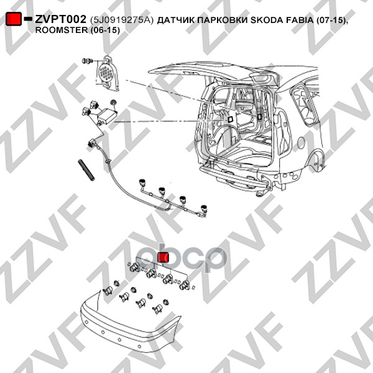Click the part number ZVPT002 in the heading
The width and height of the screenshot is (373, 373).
click(x=60, y=19)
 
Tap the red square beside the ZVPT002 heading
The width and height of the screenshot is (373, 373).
click(x=14, y=19)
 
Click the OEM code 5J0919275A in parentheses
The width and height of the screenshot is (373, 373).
click(x=121, y=20)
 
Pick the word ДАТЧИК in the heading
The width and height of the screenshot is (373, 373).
click(x=175, y=21)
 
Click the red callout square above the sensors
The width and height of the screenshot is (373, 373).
click(x=163, y=257)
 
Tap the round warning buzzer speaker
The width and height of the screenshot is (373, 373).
click(x=107, y=73)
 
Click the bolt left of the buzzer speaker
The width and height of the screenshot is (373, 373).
click(x=87, y=61)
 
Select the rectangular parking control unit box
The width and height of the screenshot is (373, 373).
click(x=107, y=115)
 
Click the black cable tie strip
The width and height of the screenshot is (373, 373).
click(x=86, y=170)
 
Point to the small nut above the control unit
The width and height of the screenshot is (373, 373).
click(x=114, y=103)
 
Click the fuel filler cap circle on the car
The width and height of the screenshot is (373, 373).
click(x=301, y=143)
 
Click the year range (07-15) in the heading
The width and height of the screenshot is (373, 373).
click(x=331, y=21)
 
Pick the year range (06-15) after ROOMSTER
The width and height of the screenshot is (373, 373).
click(x=105, y=30)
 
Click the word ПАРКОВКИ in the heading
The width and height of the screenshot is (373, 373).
click(x=222, y=21)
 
